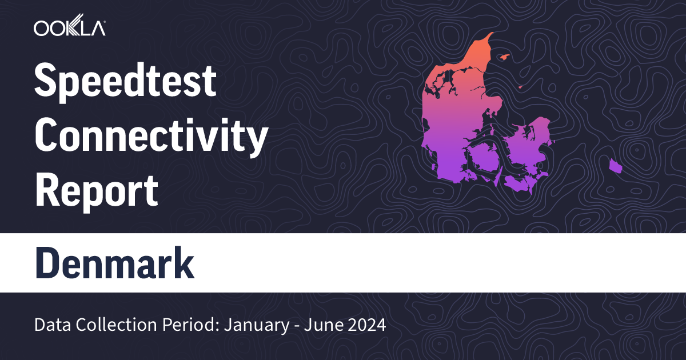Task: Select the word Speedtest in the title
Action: (x=126, y=82)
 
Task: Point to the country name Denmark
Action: (x=114, y=262)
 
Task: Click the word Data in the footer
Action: (x=50, y=326)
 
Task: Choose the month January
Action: (x=252, y=326)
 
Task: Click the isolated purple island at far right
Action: (x=615, y=166)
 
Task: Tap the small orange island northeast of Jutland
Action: (x=504, y=57)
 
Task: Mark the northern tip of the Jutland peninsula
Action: (x=490, y=35)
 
